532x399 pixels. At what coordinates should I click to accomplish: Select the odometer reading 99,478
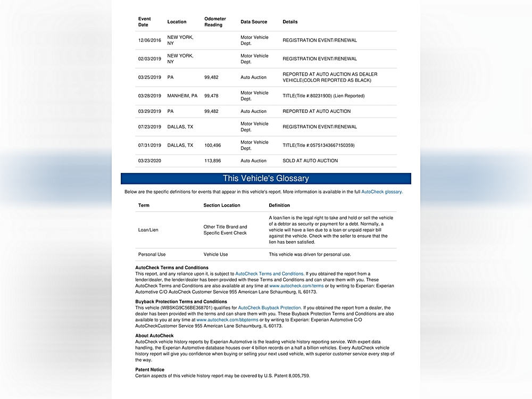click(x=211, y=96)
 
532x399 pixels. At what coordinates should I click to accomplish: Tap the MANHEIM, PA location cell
click(x=182, y=96)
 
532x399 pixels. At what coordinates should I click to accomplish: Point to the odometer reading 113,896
click(x=212, y=161)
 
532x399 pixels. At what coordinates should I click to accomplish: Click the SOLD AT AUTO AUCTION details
click(x=310, y=161)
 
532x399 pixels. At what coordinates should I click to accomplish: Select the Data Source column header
click(x=254, y=22)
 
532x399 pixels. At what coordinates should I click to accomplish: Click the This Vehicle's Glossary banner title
click(x=265, y=179)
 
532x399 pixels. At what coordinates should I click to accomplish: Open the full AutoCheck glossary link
click(x=381, y=192)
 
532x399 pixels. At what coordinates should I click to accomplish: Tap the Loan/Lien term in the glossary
click(x=148, y=230)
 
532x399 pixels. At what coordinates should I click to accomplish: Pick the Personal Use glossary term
click(x=152, y=255)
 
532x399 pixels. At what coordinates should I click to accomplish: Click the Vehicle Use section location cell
click(x=215, y=255)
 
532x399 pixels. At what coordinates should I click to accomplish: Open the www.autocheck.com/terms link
click(x=296, y=286)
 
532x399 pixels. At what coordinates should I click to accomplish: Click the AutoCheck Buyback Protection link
click(x=270, y=307)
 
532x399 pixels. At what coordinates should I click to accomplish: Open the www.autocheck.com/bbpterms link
click(x=227, y=320)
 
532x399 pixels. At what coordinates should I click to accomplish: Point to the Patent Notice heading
click(x=150, y=370)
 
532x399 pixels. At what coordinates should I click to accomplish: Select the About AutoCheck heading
click(x=154, y=336)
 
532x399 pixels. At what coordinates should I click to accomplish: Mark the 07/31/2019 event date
click(x=149, y=145)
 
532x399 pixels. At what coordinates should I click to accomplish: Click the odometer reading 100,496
click(x=212, y=145)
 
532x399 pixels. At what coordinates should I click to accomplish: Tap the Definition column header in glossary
click(x=279, y=205)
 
